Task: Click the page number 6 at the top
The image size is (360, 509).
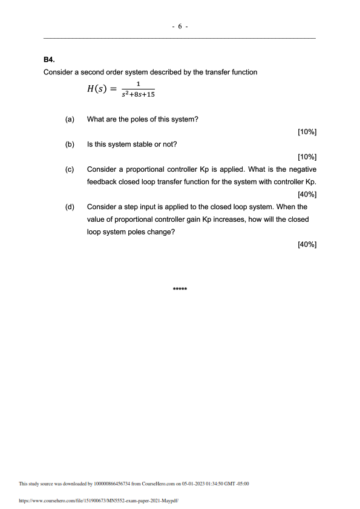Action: [x=180, y=27]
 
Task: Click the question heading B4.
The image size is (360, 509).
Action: [x=50, y=60]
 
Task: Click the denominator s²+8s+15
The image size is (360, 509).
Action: [x=138, y=94]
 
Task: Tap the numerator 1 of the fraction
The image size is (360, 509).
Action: [x=138, y=84]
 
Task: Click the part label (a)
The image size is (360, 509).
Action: [x=70, y=119]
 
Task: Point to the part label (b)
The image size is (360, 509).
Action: [x=70, y=144]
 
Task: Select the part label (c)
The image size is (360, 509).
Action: [x=70, y=170]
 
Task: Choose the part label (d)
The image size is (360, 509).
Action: [x=70, y=207]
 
